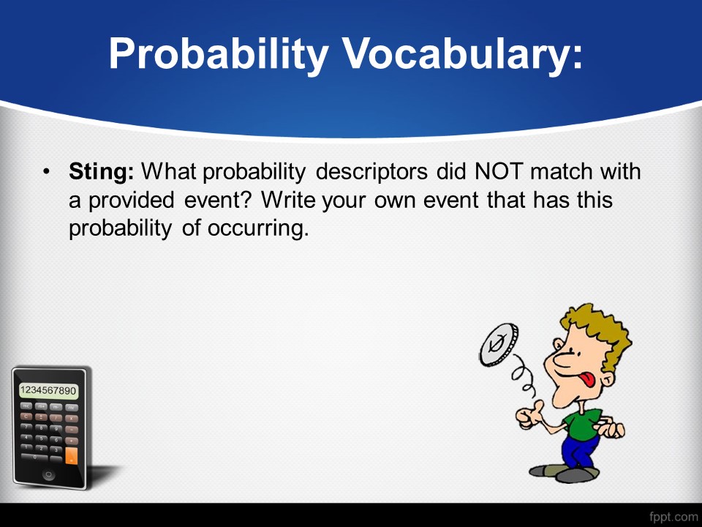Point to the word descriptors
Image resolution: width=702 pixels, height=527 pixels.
coord(371,171)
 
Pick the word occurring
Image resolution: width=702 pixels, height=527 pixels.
coord(258,228)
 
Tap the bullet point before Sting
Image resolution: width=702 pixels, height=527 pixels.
coord(46,171)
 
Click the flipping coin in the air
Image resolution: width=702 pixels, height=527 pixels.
coord(499,345)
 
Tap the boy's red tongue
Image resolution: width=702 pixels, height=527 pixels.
coord(586,380)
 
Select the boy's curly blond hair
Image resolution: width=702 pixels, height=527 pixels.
coord(600,331)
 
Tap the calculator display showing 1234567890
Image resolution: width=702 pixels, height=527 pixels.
coord(48,390)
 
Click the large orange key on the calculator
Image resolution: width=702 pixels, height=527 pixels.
coord(71,455)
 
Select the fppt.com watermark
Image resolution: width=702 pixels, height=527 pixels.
coord(673,517)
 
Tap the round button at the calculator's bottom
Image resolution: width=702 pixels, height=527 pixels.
coord(49,474)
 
